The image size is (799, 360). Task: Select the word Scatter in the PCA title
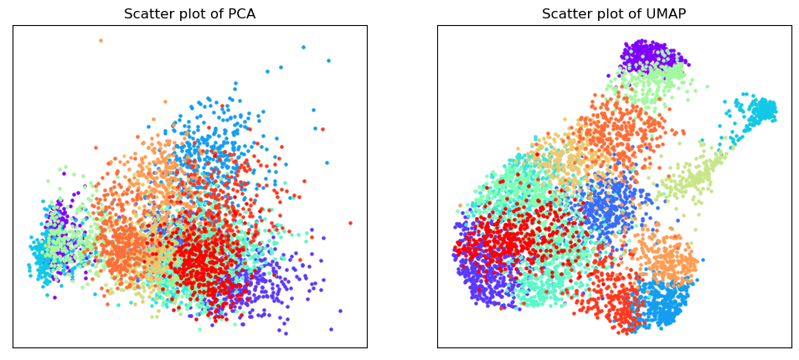pos(142,13)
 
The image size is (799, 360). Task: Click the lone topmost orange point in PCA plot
pos(101,40)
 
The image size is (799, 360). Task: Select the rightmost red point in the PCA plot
pos(350,223)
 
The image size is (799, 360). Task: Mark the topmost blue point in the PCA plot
pos(303,47)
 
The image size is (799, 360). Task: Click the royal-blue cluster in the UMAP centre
pos(609,206)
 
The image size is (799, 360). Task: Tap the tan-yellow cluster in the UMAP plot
pos(565,156)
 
